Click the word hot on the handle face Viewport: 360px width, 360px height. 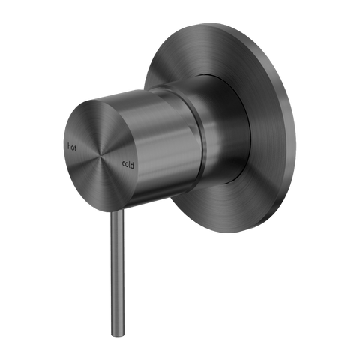click(x=72, y=148)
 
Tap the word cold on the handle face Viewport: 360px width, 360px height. click(x=128, y=164)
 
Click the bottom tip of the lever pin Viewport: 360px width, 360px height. click(x=118, y=336)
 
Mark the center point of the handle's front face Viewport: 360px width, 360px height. click(x=101, y=155)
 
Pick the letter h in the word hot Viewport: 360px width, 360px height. click(x=69, y=147)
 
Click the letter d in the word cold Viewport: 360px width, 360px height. click(x=132, y=165)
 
